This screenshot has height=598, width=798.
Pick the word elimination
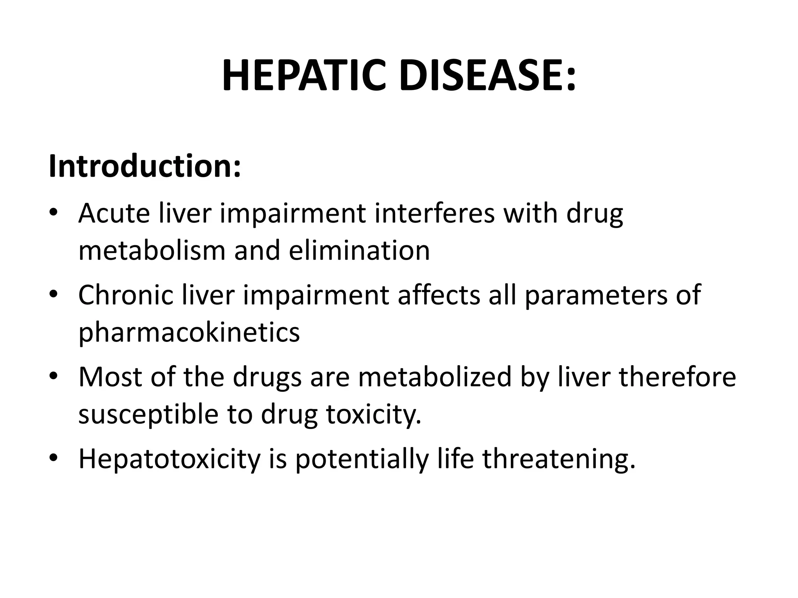[x=359, y=250]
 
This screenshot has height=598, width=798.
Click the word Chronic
[x=125, y=295]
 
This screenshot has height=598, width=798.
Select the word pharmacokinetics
[x=189, y=332]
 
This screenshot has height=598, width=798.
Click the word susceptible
[x=148, y=414]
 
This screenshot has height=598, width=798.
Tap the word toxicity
[x=374, y=414]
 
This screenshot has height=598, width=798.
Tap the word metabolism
[x=152, y=250]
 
